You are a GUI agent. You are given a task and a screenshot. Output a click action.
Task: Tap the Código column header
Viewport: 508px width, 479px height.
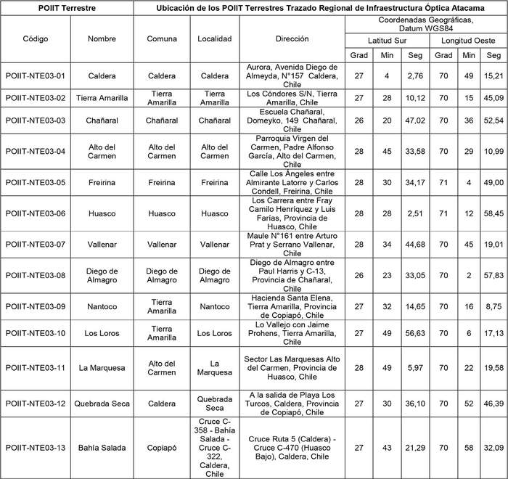(x=36, y=39)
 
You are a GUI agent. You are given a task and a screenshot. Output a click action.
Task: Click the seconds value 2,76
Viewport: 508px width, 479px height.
(x=415, y=75)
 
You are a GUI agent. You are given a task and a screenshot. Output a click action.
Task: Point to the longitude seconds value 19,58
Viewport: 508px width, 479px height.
(x=493, y=368)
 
